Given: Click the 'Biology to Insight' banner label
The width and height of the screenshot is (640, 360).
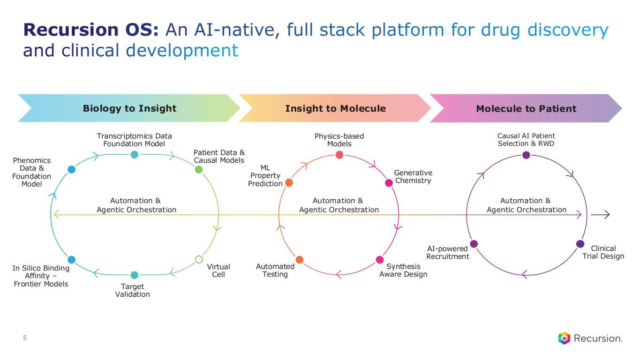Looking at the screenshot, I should pos(129,109).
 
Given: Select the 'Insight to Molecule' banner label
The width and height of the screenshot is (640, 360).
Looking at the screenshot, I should pos(335,109).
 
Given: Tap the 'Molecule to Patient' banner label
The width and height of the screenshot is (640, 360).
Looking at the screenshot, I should pos(526,109).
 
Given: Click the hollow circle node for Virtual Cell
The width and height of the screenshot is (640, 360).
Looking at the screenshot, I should pos(199,259).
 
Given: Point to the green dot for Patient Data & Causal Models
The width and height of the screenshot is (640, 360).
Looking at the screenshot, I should pos(199,170).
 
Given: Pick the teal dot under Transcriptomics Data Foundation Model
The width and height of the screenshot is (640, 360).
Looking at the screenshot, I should pos(134,155).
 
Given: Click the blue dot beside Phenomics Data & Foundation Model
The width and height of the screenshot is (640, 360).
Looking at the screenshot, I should pos(71,170).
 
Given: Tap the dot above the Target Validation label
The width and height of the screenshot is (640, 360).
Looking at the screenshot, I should pos(134,275).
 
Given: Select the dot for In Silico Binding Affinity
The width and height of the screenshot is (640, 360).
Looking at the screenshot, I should pos(71,259).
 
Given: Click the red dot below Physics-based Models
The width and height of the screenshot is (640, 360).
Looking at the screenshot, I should pos(339,155).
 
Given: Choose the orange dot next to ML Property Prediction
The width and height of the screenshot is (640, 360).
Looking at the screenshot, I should pos(289,182).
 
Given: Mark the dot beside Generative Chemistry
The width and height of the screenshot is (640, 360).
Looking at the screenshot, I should pos(389,183).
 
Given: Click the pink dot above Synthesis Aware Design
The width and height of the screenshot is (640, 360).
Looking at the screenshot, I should pos(379,259).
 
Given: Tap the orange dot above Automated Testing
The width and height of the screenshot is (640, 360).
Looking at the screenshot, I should pos(300,259).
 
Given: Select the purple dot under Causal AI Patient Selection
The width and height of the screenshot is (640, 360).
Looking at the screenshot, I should pos(526,155).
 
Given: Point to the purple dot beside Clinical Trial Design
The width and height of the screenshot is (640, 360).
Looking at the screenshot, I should pos(580,244).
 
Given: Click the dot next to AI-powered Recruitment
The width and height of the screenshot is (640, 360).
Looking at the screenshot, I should pos(474,244).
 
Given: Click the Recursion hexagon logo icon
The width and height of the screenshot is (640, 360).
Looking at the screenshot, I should pos(565,338).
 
